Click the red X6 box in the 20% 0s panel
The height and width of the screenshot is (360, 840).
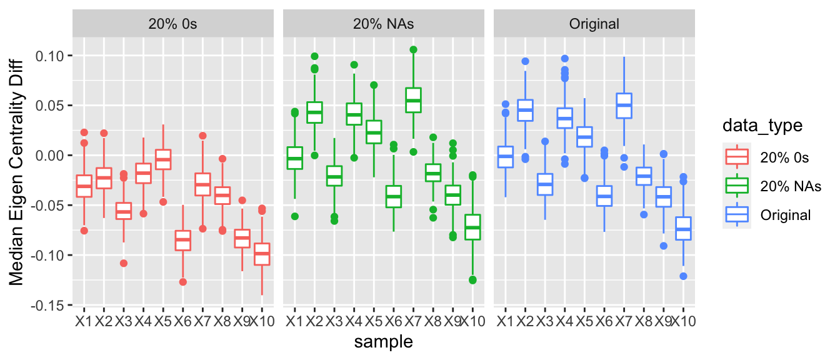(183, 240)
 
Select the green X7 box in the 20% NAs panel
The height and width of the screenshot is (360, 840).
(413, 100)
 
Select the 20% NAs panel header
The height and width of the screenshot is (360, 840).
(384, 24)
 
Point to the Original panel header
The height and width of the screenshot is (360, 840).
(594, 24)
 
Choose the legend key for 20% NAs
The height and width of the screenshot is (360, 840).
(737, 186)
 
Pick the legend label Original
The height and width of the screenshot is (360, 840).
(786, 215)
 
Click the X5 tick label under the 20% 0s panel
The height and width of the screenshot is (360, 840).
(163, 322)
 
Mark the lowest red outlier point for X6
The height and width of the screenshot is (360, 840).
(183, 282)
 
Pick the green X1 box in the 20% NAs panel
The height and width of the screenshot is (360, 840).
(294, 157)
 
